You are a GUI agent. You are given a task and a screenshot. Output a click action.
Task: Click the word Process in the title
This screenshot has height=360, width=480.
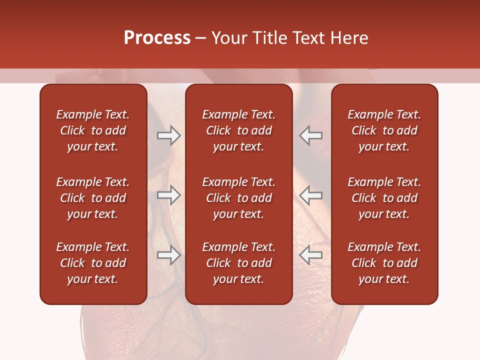pos(157,38)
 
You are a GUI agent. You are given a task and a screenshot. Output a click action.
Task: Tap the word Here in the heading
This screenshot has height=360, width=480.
pos(350,38)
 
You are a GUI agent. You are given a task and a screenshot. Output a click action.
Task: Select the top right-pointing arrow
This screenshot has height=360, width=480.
pos(168,135)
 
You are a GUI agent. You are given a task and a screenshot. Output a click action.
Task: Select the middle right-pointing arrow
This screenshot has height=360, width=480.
pos(168,195)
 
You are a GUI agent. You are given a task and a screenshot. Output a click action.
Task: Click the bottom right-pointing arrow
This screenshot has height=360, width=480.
pos(168,255)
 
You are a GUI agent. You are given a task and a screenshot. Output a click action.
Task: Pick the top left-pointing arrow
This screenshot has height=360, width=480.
pos(311,135)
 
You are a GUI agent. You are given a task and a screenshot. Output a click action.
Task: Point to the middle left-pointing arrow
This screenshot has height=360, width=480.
pos(311,195)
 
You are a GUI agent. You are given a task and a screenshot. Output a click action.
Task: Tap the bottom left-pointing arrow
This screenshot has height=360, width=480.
pos(311,255)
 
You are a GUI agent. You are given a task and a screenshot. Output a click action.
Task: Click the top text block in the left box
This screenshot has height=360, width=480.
pos(93,130)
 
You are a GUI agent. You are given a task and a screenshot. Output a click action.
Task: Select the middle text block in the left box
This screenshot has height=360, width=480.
pos(93,198)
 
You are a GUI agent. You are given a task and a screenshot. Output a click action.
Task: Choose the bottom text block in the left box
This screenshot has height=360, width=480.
pos(93,263)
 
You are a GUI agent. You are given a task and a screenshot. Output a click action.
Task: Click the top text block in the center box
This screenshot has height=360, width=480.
pos(238,130)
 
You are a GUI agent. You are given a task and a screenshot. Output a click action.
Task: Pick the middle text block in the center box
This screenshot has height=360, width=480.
pos(238,198)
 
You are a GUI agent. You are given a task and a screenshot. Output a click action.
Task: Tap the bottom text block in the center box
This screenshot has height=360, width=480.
pos(238,263)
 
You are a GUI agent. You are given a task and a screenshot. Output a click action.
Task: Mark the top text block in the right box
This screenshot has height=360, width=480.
pos(384,130)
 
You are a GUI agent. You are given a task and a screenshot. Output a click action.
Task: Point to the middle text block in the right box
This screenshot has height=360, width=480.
pos(384,198)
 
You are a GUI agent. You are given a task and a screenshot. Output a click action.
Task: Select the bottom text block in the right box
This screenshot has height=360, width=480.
pos(384,263)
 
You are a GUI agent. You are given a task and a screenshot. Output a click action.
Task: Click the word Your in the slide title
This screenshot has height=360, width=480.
pos(228,38)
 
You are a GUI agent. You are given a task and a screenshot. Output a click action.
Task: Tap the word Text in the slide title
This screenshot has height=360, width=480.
pos(309,38)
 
